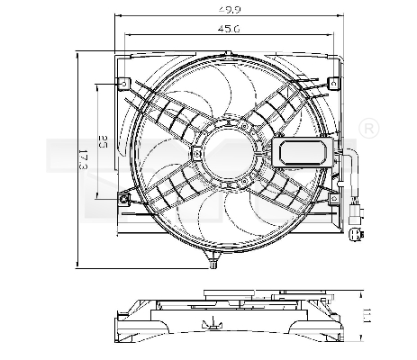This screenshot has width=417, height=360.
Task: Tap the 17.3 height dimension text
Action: (x=84, y=159)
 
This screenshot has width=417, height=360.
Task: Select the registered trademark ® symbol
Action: (x=367, y=131)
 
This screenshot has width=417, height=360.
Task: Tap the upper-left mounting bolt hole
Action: (x=123, y=85)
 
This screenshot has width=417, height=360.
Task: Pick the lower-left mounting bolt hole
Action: (x=124, y=198)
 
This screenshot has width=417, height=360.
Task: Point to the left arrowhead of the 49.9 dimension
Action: (x=117, y=15)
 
